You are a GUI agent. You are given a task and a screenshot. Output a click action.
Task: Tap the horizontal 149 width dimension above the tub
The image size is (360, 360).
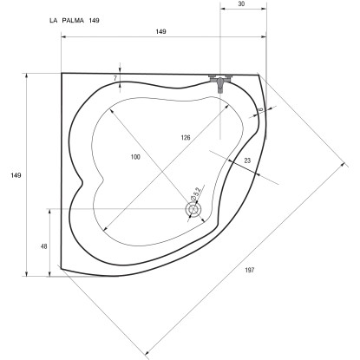point(160,32)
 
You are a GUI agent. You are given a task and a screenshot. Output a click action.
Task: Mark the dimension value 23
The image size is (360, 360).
point(247,160)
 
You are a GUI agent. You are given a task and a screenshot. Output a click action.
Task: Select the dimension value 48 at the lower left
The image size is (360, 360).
point(43,247)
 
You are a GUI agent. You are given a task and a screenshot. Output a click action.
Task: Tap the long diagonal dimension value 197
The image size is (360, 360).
point(249,272)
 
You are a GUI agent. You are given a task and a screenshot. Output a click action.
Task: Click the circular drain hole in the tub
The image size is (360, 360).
point(192,209)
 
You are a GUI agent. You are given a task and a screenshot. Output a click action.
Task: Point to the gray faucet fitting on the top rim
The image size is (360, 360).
point(222,80)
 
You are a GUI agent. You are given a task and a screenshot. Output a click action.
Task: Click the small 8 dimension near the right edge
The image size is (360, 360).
point(259,110)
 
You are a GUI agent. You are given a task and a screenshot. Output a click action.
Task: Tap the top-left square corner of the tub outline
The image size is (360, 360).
point(62,74)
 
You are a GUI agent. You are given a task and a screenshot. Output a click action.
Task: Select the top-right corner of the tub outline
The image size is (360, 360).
point(259,75)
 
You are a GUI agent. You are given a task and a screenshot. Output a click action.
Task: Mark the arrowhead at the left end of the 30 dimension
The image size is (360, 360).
point(221,11)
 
